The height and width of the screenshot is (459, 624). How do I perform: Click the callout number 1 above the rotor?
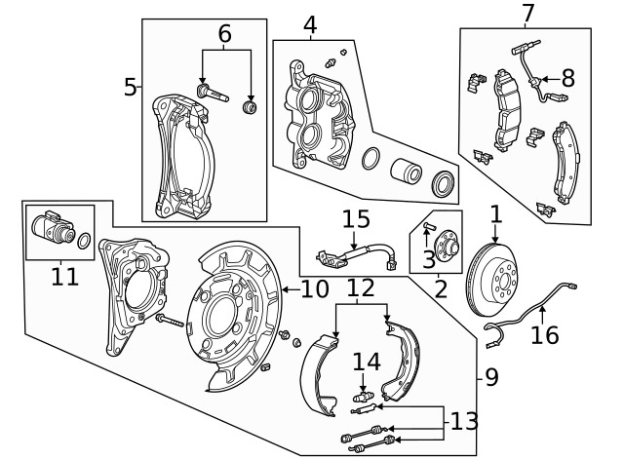(495, 212)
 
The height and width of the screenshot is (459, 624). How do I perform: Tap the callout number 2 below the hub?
(441, 288)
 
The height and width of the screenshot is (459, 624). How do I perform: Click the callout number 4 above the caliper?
(310, 23)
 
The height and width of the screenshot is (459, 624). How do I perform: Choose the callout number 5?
(131, 87)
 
